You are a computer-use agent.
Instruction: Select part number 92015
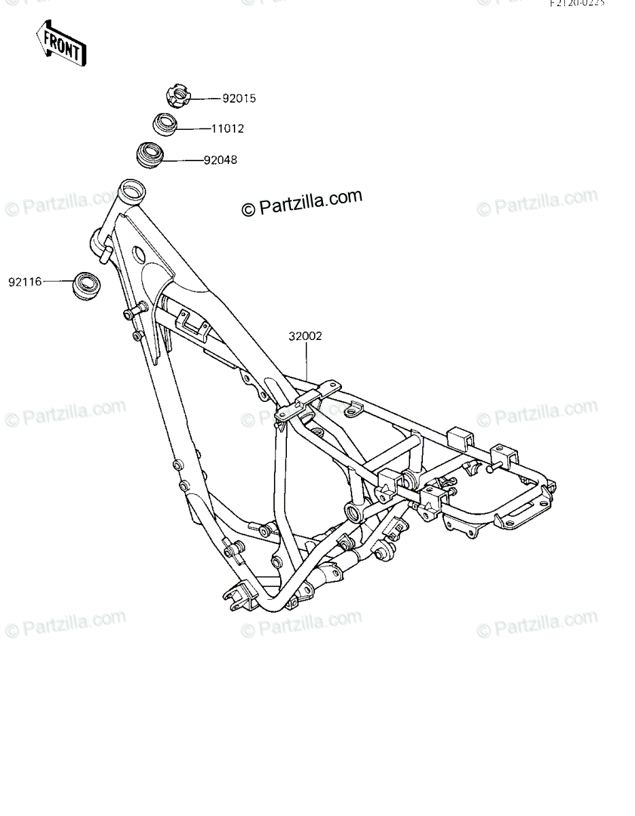point(239,99)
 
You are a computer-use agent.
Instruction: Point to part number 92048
point(220,160)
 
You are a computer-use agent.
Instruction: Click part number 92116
point(25,281)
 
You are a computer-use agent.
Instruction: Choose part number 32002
point(305,336)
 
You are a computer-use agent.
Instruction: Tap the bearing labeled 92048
point(151,156)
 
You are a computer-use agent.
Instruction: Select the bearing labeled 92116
point(86,284)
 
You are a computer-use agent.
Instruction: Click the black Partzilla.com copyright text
point(303,202)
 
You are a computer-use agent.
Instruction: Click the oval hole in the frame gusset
point(139,256)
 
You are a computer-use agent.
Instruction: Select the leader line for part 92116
point(57,280)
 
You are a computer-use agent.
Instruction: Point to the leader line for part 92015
point(204,99)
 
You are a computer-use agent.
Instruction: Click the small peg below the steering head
point(105,254)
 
